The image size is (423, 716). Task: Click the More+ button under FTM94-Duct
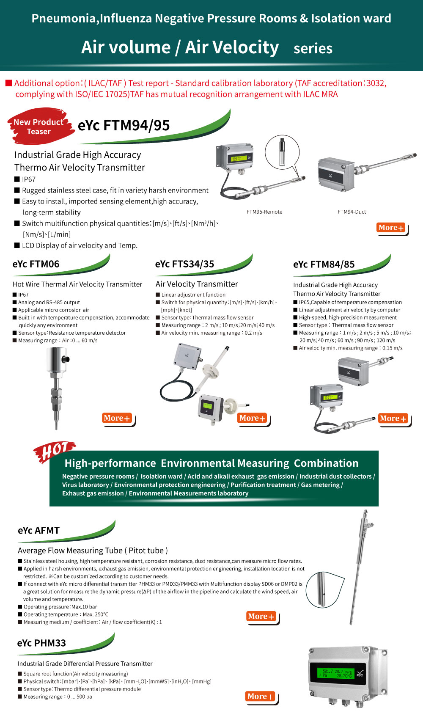coord(391,228)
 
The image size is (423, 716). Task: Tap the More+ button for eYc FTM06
coord(117,418)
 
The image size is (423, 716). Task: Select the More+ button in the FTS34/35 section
coord(252,418)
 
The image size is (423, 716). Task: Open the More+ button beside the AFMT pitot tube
coord(261,617)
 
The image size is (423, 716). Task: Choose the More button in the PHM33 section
coord(260,697)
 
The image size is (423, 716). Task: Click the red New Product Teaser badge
coord(38,127)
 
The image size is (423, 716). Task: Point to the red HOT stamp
coord(54,452)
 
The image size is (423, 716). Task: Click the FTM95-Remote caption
coord(264,212)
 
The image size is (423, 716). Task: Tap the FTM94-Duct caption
coord(352,212)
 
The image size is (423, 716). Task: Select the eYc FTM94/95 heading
coord(124,126)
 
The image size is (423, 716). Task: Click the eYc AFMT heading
coord(38,531)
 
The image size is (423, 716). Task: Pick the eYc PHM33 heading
coord(41,643)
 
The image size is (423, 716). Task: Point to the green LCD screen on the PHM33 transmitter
coord(336,673)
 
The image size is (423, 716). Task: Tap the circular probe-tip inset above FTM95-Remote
coord(282,152)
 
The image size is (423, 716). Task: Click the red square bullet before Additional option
coord(8,83)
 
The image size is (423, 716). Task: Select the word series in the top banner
coord(313,49)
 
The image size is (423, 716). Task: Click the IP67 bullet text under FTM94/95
coord(29,179)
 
